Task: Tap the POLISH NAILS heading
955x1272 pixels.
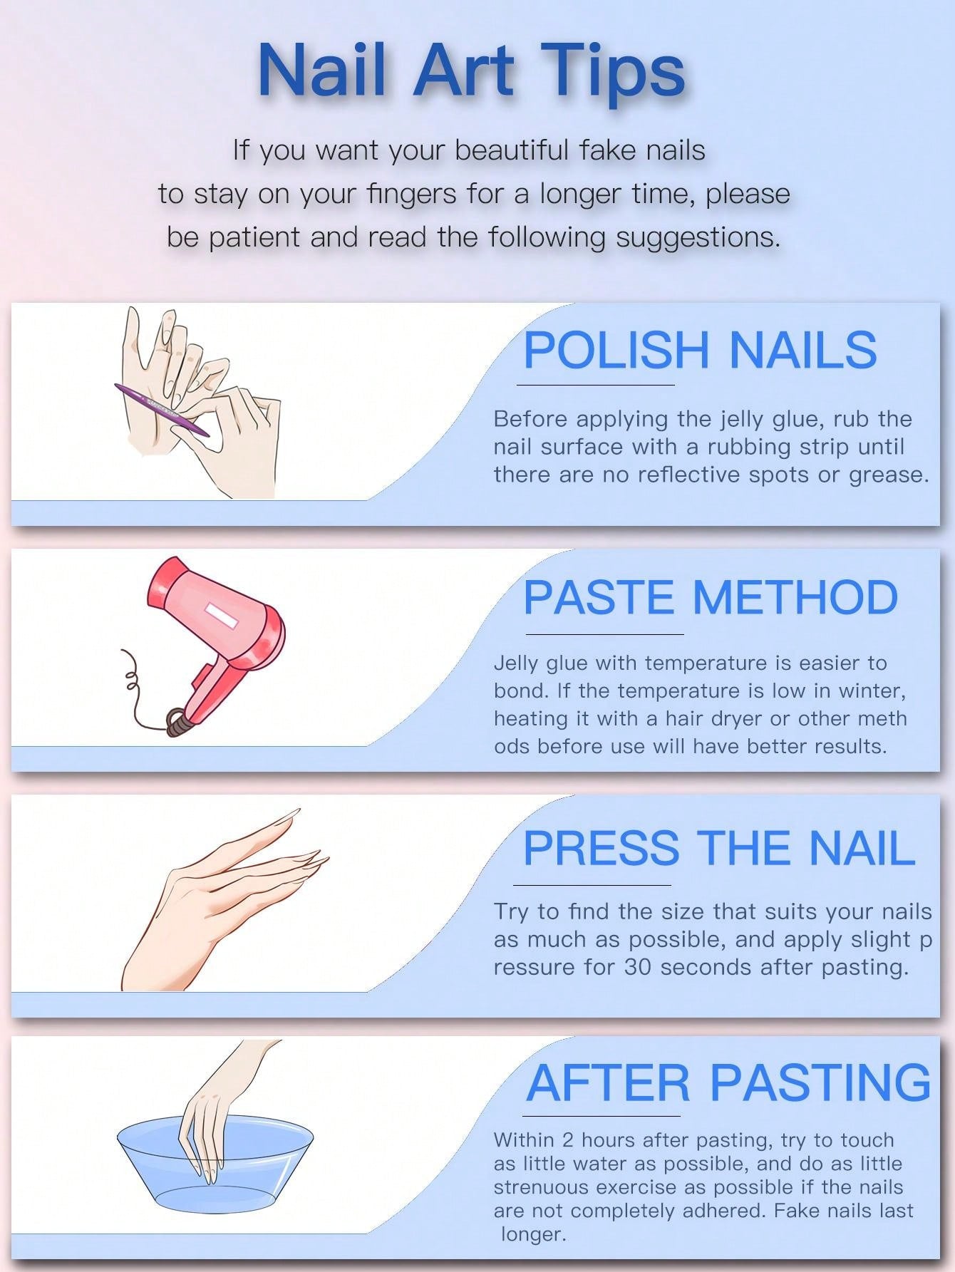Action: pyautogui.click(x=700, y=349)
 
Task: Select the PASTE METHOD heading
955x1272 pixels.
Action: pyautogui.click(x=711, y=597)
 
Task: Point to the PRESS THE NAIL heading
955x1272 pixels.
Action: pyautogui.click(x=719, y=847)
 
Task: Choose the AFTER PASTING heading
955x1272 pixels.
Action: pyautogui.click(x=728, y=1082)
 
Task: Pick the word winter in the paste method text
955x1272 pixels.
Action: pyautogui.click(x=872, y=691)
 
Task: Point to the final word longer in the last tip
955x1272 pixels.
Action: pyautogui.click(x=533, y=1235)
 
